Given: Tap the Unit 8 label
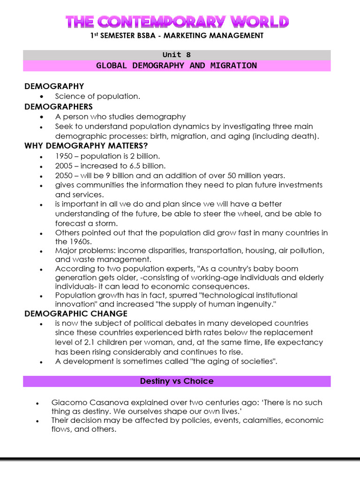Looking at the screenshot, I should pos(177,55).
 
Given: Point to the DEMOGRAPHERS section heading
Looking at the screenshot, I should pos(59,106).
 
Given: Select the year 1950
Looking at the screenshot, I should pos(64,156).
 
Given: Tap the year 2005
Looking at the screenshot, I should pos(64,166).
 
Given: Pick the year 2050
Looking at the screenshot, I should pos(64,176).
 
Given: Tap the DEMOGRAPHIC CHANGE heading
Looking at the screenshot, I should pos(76,314).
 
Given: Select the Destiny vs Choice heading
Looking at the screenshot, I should pos(177,381).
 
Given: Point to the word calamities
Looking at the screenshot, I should pos(260,420).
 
